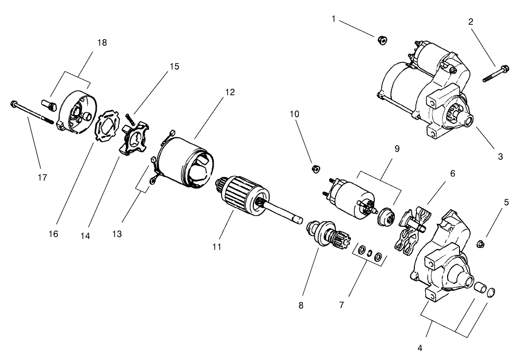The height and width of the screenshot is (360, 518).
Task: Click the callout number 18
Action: click(x=102, y=43)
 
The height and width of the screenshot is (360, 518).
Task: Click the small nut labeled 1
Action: click(x=382, y=41)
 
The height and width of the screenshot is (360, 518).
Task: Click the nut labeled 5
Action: click(x=480, y=243)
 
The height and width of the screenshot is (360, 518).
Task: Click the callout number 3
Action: click(x=500, y=156)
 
